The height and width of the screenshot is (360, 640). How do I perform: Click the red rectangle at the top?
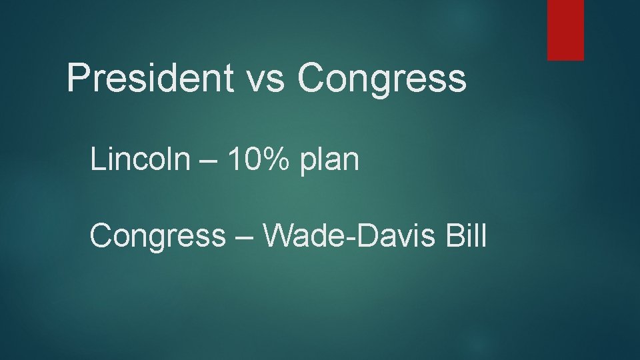[x=565, y=29]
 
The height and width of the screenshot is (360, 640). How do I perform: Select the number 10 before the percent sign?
[x=243, y=160]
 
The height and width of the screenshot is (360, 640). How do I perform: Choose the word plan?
[x=330, y=161]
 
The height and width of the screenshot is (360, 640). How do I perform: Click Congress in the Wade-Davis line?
[x=158, y=235]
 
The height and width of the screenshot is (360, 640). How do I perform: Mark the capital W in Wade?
[x=278, y=235]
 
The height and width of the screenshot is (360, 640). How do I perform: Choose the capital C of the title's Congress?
[x=312, y=79]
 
